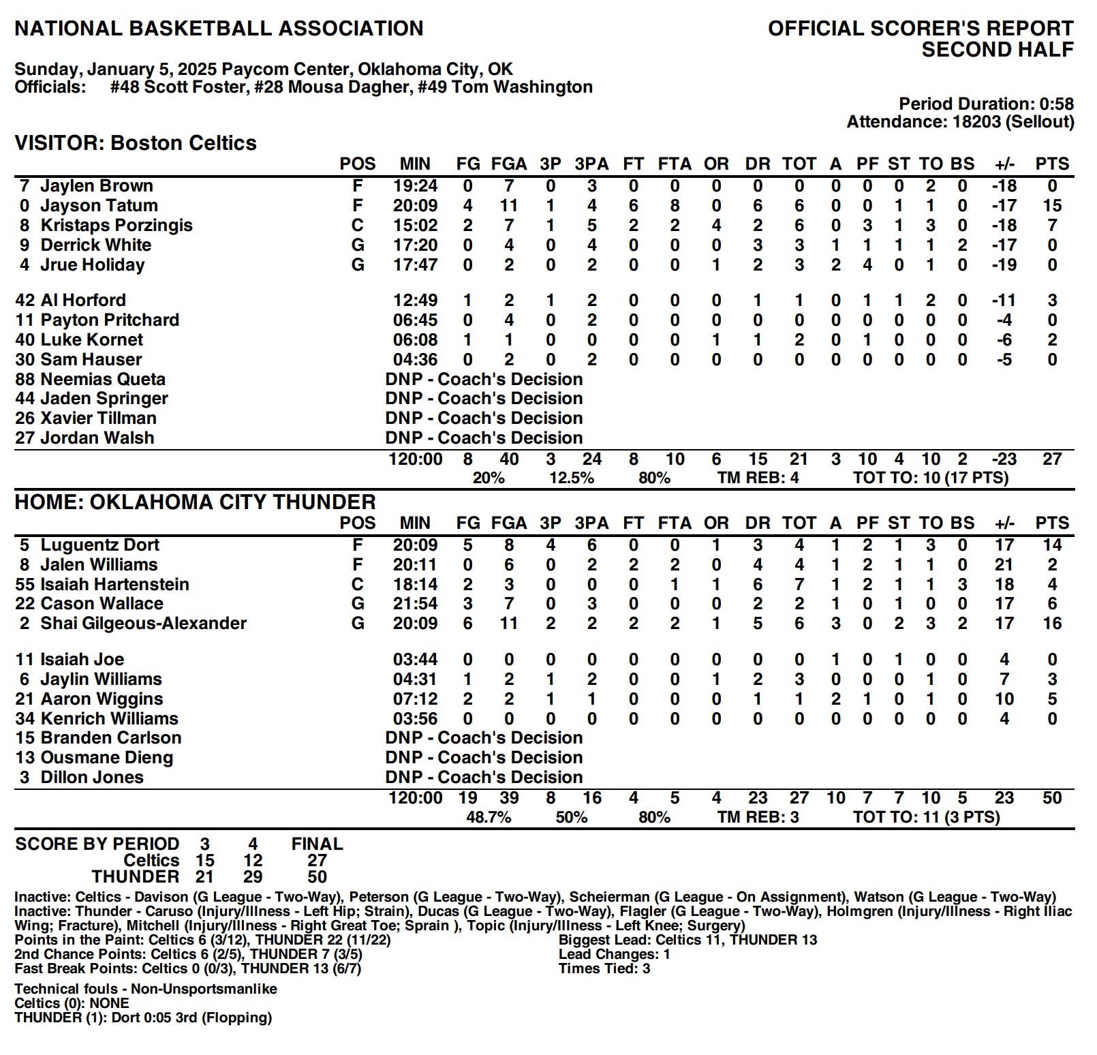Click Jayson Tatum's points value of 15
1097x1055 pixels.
(1051, 206)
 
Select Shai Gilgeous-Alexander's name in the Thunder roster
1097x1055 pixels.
(143, 624)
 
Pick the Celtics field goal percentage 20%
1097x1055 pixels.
(489, 478)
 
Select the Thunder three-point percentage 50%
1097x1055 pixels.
(571, 817)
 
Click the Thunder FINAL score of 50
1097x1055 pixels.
(317, 876)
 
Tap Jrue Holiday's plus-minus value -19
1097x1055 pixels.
(1004, 265)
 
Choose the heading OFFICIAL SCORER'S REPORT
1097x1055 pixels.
(921, 29)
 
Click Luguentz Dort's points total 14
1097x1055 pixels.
(1051, 545)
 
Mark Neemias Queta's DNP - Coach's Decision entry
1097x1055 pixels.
(484, 380)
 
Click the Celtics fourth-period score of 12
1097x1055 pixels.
(253, 861)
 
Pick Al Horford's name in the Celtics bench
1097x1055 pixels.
(83, 301)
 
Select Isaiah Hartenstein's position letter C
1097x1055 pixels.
(357, 585)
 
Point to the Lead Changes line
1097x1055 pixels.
(614, 954)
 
